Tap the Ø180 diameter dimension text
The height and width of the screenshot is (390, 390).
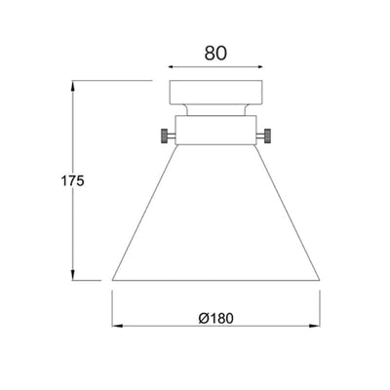[217, 319]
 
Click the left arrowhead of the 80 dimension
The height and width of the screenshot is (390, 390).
[174, 67]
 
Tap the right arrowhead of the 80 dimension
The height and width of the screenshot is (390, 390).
[260, 67]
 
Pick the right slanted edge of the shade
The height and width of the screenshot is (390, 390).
[290, 210]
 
